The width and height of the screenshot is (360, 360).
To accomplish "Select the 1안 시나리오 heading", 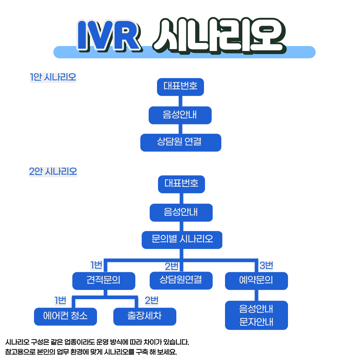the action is [x=53, y=77].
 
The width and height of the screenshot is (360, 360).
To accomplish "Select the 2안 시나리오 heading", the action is [x=53, y=171].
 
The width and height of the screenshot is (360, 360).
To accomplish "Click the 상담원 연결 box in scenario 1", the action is [x=181, y=142].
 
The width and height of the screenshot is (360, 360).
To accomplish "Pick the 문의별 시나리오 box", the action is [x=182, y=239].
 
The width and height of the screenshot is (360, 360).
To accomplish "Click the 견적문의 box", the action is [x=104, y=281].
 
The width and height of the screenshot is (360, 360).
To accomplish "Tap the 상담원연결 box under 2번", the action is [x=181, y=280].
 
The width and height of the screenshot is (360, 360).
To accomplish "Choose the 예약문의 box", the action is [x=256, y=281].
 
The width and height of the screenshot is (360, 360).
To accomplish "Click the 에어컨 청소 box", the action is [x=65, y=316].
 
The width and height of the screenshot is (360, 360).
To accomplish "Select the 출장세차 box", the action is [x=145, y=316].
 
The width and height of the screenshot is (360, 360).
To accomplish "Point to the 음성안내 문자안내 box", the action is [x=256, y=315].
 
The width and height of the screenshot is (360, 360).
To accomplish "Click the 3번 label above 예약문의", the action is [x=266, y=266].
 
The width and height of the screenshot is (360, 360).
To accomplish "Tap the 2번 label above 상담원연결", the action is [x=172, y=266].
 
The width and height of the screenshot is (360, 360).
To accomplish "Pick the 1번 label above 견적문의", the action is [x=96, y=266].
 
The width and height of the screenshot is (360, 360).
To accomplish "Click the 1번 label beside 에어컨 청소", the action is [x=60, y=301].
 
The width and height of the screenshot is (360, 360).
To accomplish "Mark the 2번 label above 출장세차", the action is [x=152, y=301].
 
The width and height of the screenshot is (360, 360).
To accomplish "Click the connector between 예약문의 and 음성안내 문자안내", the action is [x=256, y=295].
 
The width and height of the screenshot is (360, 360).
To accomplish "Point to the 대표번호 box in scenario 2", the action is [x=181, y=184].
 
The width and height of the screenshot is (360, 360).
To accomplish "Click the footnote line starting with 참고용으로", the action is [x=91, y=352].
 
